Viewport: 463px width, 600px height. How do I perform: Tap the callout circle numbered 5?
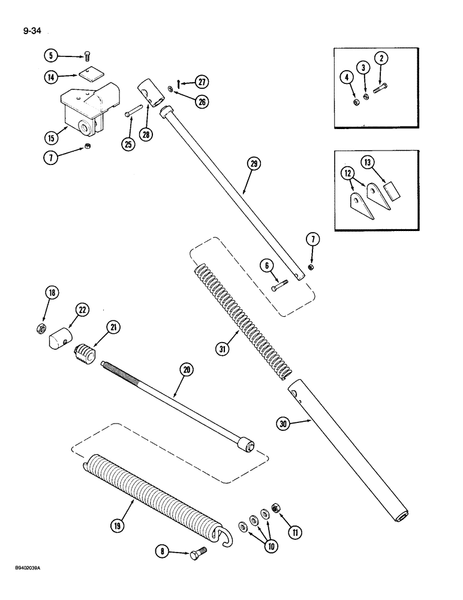click(x=51, y=56)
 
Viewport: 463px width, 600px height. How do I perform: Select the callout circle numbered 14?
click(x=51, y=77)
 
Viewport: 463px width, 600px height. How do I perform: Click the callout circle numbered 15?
click(x=51, y=136)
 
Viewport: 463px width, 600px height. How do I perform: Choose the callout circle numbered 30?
click(x=284, y=424)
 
